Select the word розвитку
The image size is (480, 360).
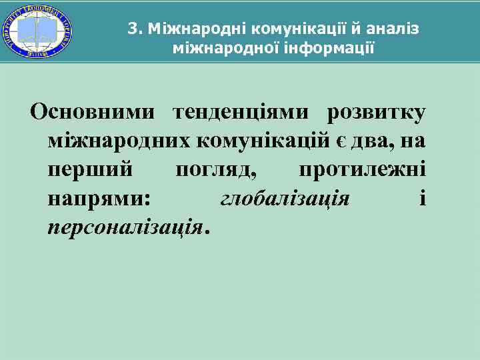(376, 113)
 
